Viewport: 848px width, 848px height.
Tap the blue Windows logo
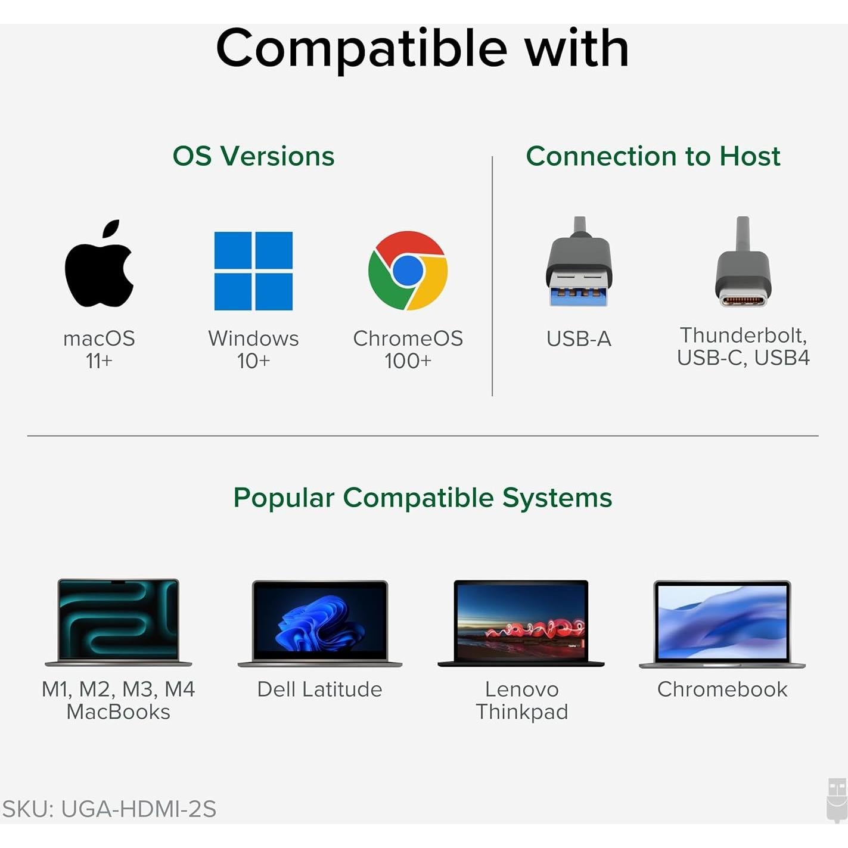pyautogui.click(x=253, y=271)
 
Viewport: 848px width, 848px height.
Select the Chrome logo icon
pyautogui.click(x=408, y=271)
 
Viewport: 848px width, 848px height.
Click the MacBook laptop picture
pyautogui.click(x=119, y=622)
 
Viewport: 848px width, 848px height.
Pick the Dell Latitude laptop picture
pyautogui.click(x=320, y=623)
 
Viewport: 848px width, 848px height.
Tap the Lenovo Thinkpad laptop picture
pyautogui.click(x=521, y=623)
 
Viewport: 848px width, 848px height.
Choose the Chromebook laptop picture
pyautogui.click(x=722, y=623)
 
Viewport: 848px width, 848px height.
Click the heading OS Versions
pyautogui.click(x=253, y=156)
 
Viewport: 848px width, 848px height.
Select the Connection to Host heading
pyautogui.click(x=653, y=156)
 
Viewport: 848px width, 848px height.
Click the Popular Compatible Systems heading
pyautogui.click(x=423, y=498)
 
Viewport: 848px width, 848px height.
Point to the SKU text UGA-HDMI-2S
pyautogui.click(x=109, y=809)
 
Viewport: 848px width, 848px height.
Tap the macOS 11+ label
pyautogui.click(x=99, y=349)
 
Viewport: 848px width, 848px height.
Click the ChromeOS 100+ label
pyautogui.click(x=408, y=349)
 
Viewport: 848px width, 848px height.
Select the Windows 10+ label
pyautogui.click(x=253, y=349)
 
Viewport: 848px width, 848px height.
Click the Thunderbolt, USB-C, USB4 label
pyautogui.click(x=743, y=346)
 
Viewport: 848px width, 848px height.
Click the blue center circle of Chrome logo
pyautogui.click(x=408, y=270)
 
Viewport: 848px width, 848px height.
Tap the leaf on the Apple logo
pyautogui.click(x=111, y=229)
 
